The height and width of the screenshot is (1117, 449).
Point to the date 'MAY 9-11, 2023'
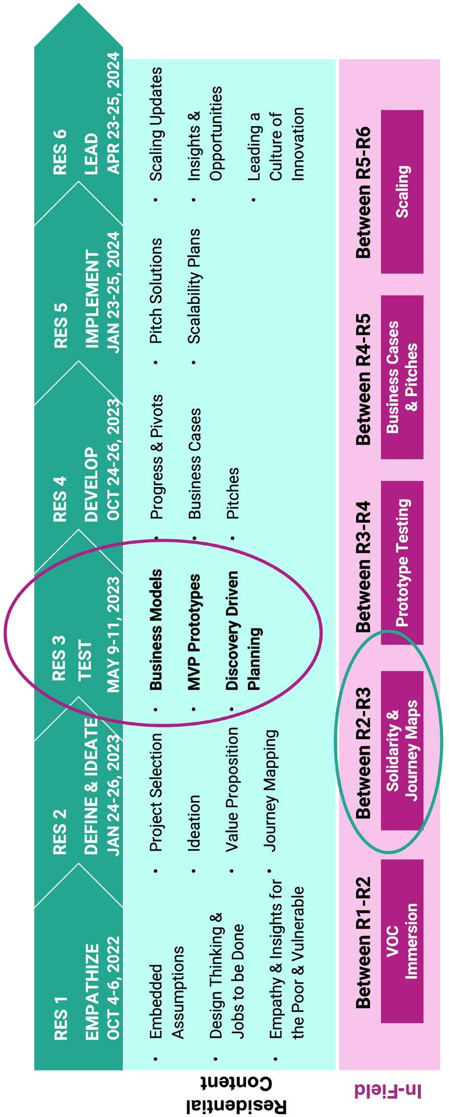coord(113,635)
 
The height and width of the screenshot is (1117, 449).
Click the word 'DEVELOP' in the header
coord(91,484)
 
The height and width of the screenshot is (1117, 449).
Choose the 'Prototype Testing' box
coord(402,562)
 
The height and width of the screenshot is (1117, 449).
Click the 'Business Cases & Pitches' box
coord(402,377)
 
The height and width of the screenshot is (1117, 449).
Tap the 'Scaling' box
coord(402,191)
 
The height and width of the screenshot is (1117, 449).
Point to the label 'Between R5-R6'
coord(363,192)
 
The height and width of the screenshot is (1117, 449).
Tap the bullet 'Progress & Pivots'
coord(157,456)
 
